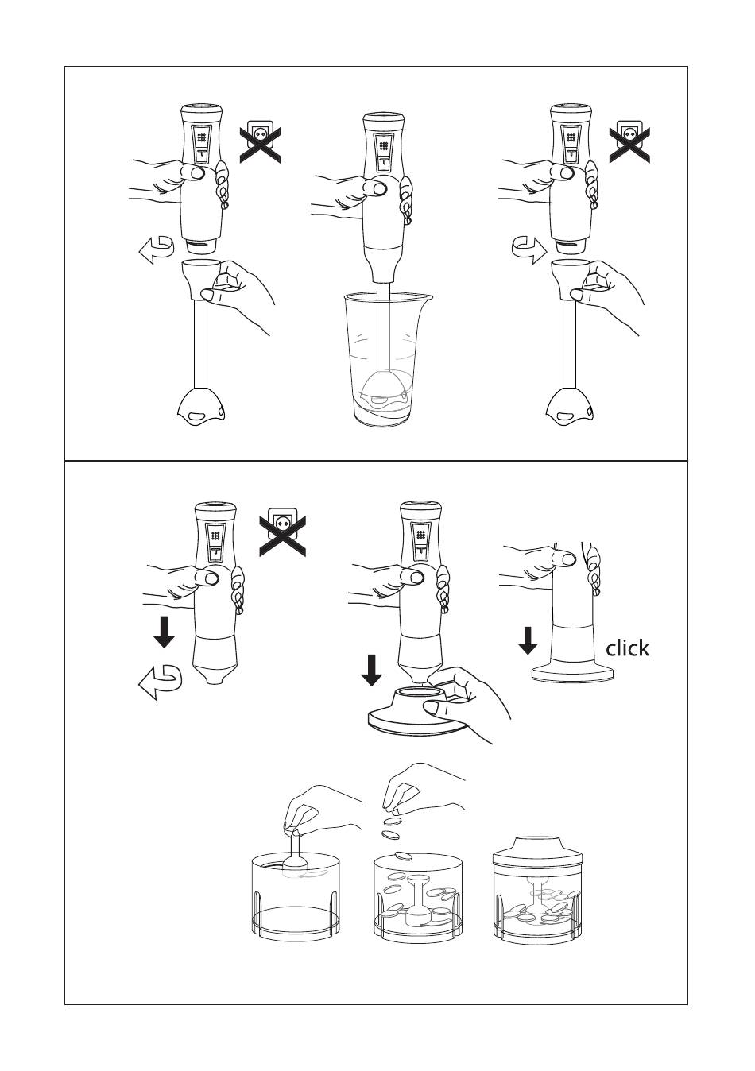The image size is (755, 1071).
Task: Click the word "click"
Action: [627, 648]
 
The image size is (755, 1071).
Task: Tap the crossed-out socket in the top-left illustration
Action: [260, 141]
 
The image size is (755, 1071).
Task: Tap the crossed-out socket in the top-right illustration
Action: [629, 141]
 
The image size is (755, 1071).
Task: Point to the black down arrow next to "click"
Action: [528, 640]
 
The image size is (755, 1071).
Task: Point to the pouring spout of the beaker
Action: [427, 297]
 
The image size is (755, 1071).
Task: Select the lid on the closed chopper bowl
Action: [537, 852]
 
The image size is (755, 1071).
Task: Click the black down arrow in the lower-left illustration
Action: [164, 632]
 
